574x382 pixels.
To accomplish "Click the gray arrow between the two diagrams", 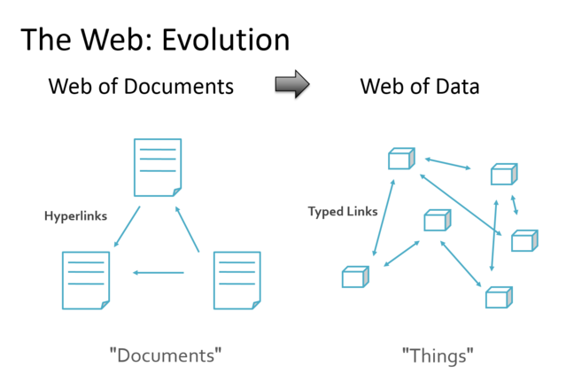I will point(291,83).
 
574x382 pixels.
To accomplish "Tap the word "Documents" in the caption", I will point(165,356).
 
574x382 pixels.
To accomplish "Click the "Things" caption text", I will point(438,356).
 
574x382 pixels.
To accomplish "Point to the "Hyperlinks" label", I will point(76,215).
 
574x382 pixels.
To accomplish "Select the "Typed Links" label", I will point(342,212).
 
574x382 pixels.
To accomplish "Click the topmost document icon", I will point(158,167).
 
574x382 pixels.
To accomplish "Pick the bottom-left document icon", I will point(86,280).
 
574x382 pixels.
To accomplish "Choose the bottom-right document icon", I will point(237,280).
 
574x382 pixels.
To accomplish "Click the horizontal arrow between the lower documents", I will point(159,272).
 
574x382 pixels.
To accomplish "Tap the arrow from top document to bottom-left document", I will point(128,226).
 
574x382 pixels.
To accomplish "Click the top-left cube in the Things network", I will point(400,160).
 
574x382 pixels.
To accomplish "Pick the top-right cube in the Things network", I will point(503,175).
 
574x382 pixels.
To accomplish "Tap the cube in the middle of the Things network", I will point(436,221).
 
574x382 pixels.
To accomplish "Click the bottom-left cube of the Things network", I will point(354,277).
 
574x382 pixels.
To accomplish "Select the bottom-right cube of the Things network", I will point(498,298).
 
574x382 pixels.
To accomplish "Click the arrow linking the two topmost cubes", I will point(448,163).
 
